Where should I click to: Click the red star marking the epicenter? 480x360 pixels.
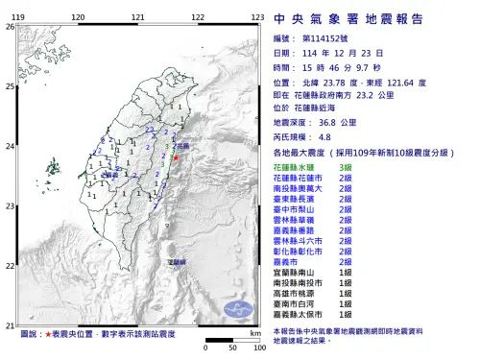[177, 156]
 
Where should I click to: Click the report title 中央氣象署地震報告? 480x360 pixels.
[361, 18]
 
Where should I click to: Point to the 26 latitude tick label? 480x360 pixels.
[10, 26]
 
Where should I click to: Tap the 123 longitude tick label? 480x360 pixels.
[256, 17]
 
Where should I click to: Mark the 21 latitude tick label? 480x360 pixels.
[10, 325]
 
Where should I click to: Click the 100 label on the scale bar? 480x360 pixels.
[258, 348]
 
